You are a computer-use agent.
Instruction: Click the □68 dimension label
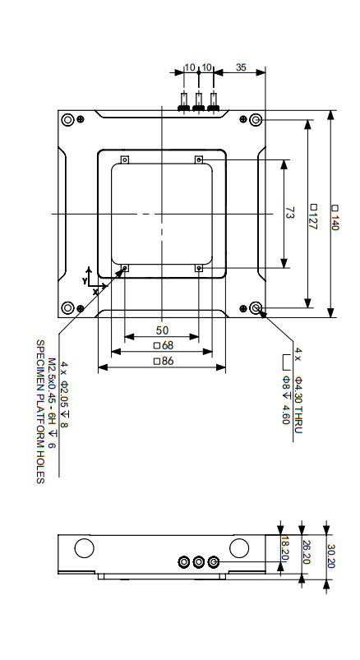pyautogui.click(x=162, y=345)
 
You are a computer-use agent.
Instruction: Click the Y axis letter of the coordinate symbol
pyautogui.click(x=85, y=280)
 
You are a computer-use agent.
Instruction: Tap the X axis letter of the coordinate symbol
pyautogui.click(x=95, y=291)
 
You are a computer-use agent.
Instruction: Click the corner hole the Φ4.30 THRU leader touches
pyautogui.click(x=257, y=308)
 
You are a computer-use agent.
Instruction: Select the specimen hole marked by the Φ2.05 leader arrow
pyautogui.click(x=125, y=268)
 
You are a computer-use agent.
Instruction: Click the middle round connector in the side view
pyautogui.click(x=199, y=561)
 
